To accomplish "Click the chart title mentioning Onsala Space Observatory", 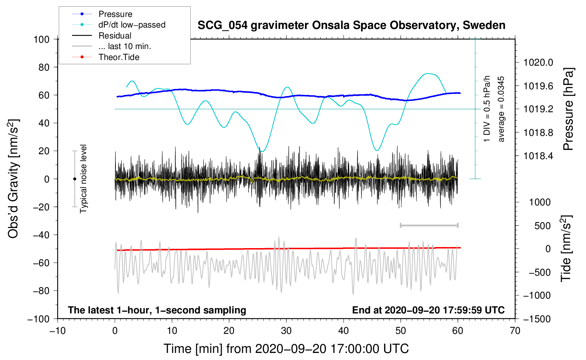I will [351, 25].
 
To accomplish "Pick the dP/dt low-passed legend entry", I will [132, 25].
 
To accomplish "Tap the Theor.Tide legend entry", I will [119, 57].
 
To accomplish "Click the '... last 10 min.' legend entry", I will [125, 46].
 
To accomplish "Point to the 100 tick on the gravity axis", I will [41, 39].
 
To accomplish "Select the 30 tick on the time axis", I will [286, 331].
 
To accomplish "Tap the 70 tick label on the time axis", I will [515, 331].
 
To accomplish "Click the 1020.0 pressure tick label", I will [538, 62].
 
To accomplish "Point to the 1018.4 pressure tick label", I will [538, 156].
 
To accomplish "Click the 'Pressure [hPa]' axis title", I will [568, 109].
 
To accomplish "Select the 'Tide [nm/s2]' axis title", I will [566, 248].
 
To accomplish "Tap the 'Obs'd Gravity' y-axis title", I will [13, 179].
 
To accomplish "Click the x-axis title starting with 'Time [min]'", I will [286, 349].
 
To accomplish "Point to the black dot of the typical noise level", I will [74, 179].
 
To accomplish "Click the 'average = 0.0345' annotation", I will [501, 109].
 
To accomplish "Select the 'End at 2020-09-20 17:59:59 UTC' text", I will [428, 310].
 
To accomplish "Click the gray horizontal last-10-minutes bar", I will [429, 225].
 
